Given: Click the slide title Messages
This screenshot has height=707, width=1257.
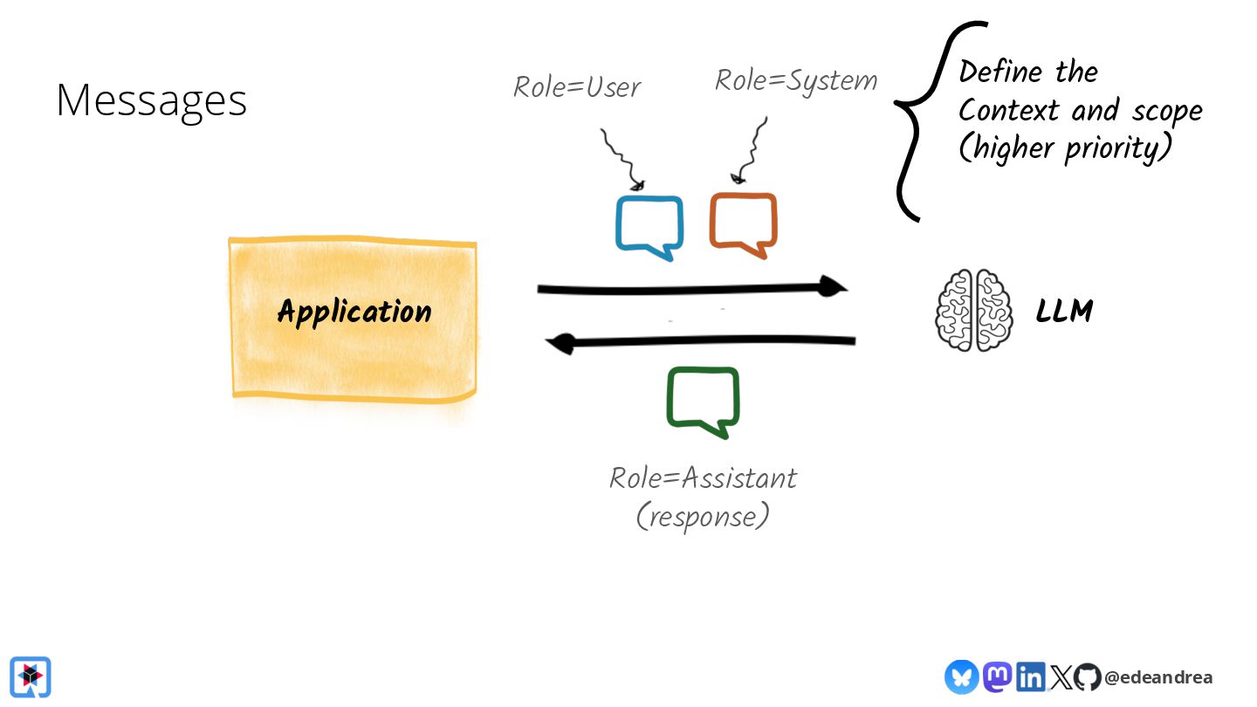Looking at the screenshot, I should [151, 100].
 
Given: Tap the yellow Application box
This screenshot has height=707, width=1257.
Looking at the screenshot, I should [354, 318].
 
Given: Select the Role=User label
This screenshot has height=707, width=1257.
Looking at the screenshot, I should [577, 86].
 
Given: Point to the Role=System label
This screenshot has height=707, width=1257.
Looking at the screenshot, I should [795, 80].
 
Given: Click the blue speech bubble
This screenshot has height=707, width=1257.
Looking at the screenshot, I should [649, 226].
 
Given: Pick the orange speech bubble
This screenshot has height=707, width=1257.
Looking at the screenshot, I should [743, 224].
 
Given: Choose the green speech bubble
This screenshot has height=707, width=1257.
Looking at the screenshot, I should [703, 400].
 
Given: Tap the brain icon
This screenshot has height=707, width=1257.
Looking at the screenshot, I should [974, 310].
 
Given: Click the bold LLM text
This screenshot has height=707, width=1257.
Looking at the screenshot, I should [1064, 311].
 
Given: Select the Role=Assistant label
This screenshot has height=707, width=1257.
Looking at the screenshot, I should [703, 477].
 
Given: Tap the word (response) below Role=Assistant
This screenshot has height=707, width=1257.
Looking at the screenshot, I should [703, 516].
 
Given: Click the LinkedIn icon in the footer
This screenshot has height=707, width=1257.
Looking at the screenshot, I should [1030, 676].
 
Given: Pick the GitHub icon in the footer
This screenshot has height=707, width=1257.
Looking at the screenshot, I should [1087, 676].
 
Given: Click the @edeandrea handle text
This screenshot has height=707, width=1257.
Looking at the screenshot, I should [1158, 677].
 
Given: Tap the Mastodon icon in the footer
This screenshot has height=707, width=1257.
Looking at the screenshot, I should [998, 676].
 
